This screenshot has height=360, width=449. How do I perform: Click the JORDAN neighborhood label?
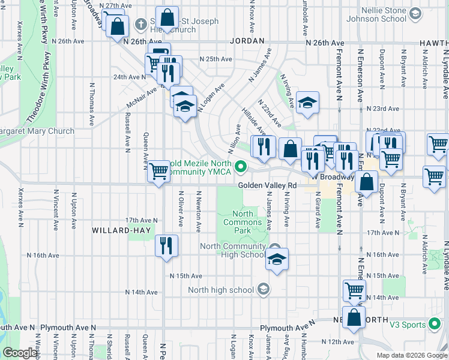tap(247, 41)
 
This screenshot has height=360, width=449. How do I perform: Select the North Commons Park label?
tap(243, 222)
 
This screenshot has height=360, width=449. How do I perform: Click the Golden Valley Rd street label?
tap(268, 185)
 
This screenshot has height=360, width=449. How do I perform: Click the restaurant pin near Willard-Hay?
tap(166, 245)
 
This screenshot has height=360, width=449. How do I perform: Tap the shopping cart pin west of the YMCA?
tap(158, 171)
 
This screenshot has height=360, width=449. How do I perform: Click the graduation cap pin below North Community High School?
tap(277, 259)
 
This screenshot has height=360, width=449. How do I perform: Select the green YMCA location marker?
tap(241, 166)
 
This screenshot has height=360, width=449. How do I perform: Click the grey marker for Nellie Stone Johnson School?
tap(415, 13)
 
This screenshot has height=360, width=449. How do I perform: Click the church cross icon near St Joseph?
tap(141, 25)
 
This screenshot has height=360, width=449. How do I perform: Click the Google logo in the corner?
tap(19, 353)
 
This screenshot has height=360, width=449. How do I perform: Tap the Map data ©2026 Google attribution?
tap(411, 355)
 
